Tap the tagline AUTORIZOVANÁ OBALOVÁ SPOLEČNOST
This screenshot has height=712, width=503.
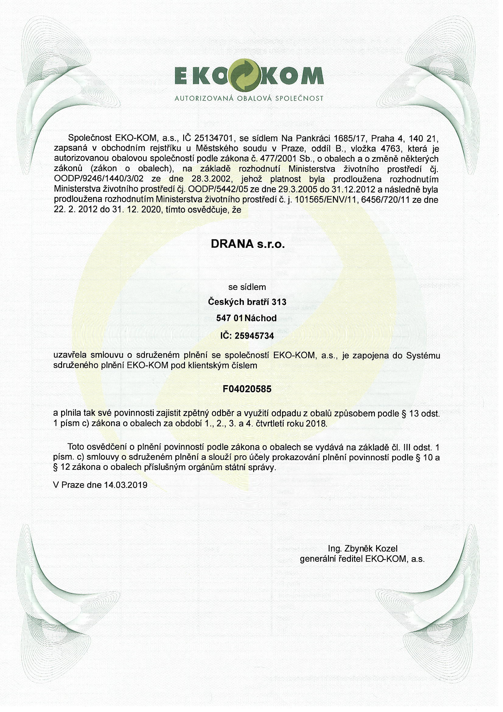(249, 99)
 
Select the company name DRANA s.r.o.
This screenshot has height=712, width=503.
(247, 244)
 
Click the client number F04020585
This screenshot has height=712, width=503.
(247, 389)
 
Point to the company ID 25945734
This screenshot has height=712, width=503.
(254, 336)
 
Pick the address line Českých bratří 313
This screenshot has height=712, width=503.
(247, 302)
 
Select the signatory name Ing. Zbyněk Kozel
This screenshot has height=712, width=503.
(362, 548)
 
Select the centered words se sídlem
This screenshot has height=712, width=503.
(247, 287)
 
